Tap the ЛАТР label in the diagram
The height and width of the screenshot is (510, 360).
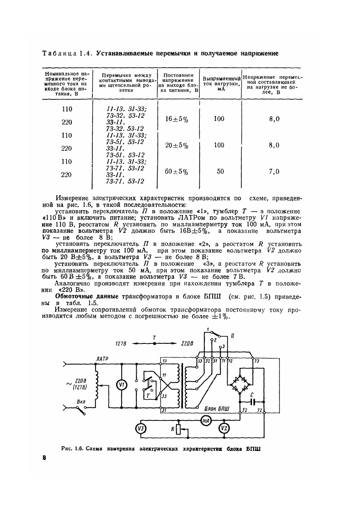(102, 358)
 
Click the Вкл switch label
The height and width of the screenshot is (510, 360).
(81, 402)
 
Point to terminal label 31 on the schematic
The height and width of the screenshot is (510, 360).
(165, 410)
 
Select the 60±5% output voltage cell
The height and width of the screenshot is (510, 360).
(176, 172)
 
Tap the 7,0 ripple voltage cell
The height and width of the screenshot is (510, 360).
(274, 172)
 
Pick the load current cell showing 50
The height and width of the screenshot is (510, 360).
(220, 171)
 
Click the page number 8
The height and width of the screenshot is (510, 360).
(44, 458)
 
